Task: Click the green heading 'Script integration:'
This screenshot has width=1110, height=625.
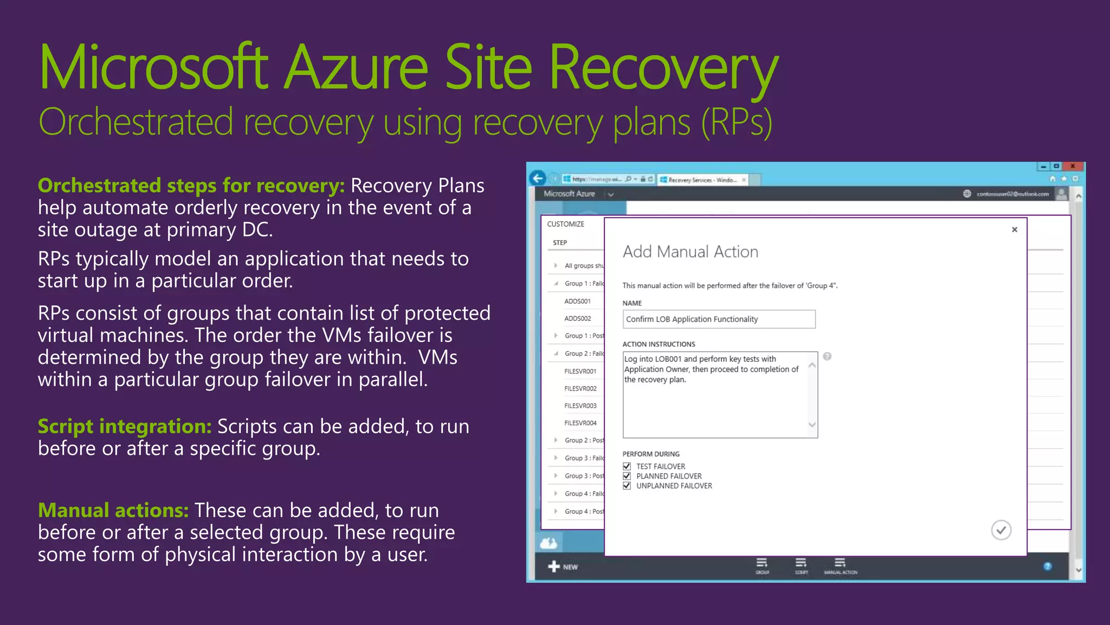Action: point(124,426)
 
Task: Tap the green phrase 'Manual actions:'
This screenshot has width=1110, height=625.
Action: point(113,511)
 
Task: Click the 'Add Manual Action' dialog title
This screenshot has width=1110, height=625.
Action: point(690,252)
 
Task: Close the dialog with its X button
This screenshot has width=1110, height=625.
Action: point(1015,229)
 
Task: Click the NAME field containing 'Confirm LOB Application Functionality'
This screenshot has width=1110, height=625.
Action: point(718,320)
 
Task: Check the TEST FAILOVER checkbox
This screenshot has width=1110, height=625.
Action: point(627,467)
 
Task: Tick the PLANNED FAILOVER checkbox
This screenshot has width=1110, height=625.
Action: point(627,476)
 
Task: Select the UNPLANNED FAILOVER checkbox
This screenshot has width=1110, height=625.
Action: point(627,486)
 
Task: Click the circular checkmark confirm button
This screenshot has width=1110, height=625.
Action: point(1001,530)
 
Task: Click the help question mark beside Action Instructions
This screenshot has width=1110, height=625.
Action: point(827,356)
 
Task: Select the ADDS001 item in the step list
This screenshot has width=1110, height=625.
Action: point(577,301)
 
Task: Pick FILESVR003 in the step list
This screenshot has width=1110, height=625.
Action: point(580,406)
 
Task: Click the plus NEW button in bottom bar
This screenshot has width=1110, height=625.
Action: point(563,567)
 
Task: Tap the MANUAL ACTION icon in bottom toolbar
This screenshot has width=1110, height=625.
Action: point(840,565)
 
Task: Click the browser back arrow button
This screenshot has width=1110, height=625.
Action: point(538,178)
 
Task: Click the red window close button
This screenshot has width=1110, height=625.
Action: point(1073,167)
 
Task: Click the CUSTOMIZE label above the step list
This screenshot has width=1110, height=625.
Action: point(565,224)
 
